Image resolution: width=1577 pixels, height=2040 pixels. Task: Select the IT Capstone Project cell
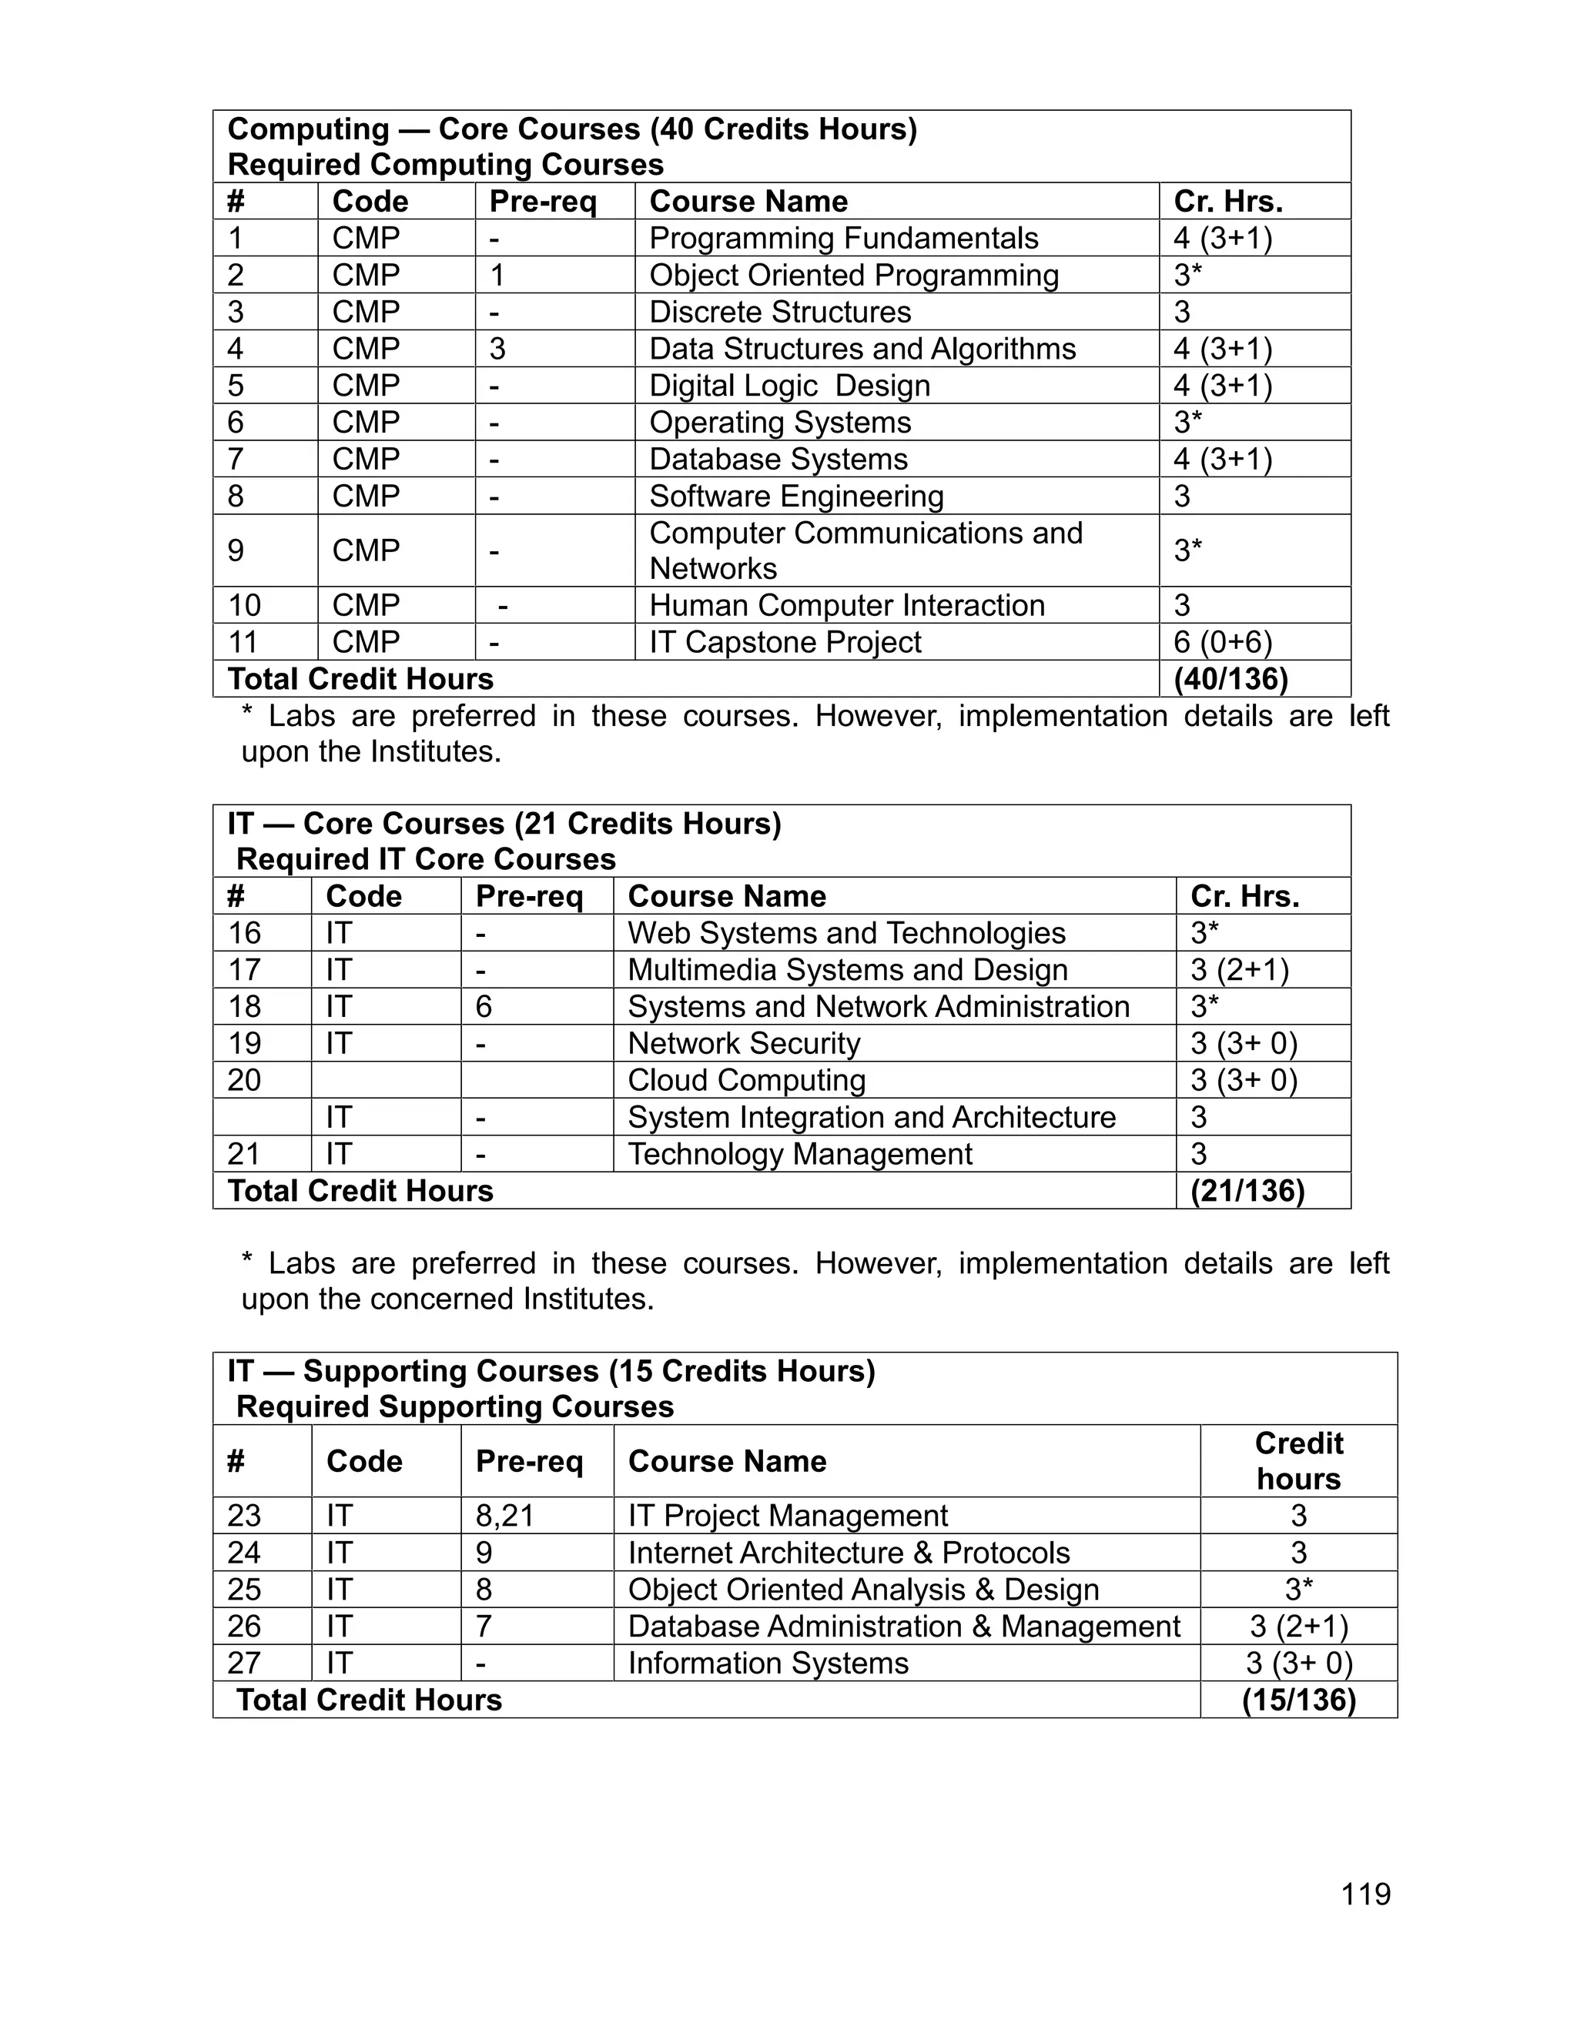[785, 642]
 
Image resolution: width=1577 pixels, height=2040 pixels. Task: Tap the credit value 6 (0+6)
[1222, 642]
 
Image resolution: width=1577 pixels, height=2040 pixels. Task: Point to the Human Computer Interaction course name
[846, 605]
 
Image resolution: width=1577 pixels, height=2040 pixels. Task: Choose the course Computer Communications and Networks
[865, 550]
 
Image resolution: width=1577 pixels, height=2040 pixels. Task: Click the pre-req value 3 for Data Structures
[497, 349]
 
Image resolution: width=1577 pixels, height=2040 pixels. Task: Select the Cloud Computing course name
[746, 1080]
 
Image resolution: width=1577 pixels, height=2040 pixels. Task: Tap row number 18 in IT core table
[245, 1006]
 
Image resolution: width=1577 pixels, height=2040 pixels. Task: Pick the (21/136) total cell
[1247, 1191]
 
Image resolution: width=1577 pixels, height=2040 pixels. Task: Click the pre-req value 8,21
[504, 1515]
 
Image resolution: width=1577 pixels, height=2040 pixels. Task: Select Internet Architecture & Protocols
[849, 1553]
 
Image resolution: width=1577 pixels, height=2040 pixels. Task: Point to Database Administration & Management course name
[903, 1626]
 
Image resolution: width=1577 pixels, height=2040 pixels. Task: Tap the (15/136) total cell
[1297, 1700]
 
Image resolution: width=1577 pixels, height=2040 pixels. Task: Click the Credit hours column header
[1297, 1461]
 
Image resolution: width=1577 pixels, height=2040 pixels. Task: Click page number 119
[1365, 1894]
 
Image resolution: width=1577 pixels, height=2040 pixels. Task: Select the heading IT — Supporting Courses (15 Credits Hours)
[551, 1371]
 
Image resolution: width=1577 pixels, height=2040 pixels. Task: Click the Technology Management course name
[800, 1154]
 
